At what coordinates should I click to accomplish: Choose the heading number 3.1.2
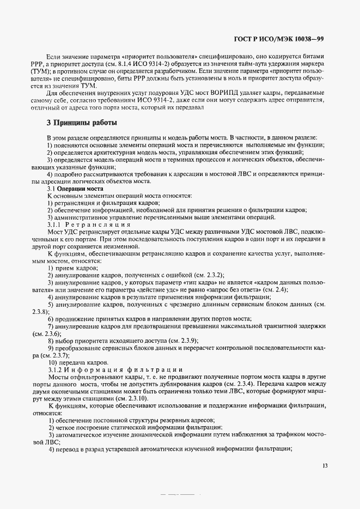point(57,370)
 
